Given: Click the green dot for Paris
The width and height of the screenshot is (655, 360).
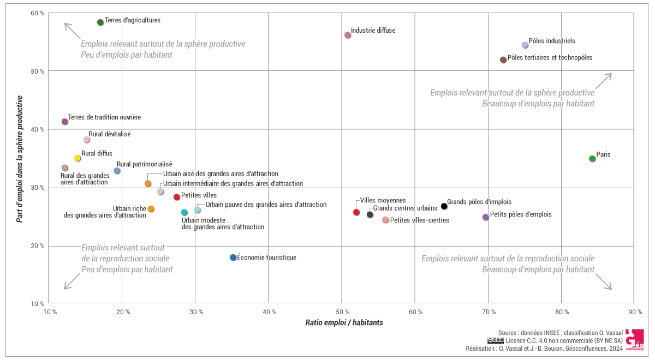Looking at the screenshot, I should tap(592, 159).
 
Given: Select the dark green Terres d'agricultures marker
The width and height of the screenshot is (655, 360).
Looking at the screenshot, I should tap(100, 22).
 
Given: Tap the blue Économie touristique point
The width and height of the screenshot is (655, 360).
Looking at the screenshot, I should tap(233, 257).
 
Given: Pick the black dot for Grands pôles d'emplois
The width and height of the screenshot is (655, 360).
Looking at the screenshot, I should tap(444, 206).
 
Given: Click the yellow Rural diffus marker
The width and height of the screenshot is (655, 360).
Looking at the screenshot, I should tap(78, 158).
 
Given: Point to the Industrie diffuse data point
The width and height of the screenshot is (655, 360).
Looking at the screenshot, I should tap(348, 35).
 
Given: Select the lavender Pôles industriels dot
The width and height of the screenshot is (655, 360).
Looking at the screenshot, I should tap(525, 45).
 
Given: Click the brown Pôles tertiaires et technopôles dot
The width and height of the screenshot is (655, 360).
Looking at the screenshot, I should tap(503, 60).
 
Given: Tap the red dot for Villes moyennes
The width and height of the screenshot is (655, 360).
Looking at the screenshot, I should tap(356, 212).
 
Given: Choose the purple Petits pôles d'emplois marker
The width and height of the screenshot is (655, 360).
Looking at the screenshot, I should tap(486, 217).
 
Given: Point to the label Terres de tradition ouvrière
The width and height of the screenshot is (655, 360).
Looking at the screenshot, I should tap(104, 117).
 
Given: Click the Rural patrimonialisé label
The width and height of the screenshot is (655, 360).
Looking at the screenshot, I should tap(144, 164).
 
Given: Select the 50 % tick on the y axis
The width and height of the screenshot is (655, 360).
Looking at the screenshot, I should tap(38, 71).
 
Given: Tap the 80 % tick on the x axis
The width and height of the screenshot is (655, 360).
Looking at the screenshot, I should tap(562, 312).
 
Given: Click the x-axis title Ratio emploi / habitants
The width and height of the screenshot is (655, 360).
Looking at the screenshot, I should tap(344, 323).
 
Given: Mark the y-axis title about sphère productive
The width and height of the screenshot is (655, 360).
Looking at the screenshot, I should tap(20, 159).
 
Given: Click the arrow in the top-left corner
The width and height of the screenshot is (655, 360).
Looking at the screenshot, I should tap(72, 31).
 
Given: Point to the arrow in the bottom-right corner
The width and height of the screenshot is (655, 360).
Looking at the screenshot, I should tap(603, 282).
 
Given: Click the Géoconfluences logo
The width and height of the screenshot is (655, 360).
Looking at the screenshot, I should tap(634, 339).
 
